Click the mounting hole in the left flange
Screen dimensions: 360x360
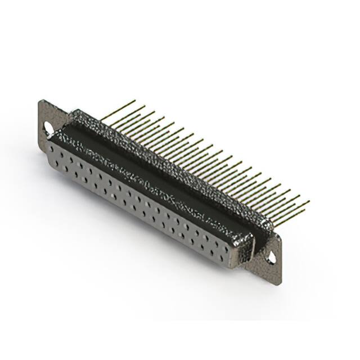[48, 129]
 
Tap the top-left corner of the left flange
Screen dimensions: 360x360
[39, 101]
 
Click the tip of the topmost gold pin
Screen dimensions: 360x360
[135, 101]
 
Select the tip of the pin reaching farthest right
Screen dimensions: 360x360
[309, 201]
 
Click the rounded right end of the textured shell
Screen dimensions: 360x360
[264, 225]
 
